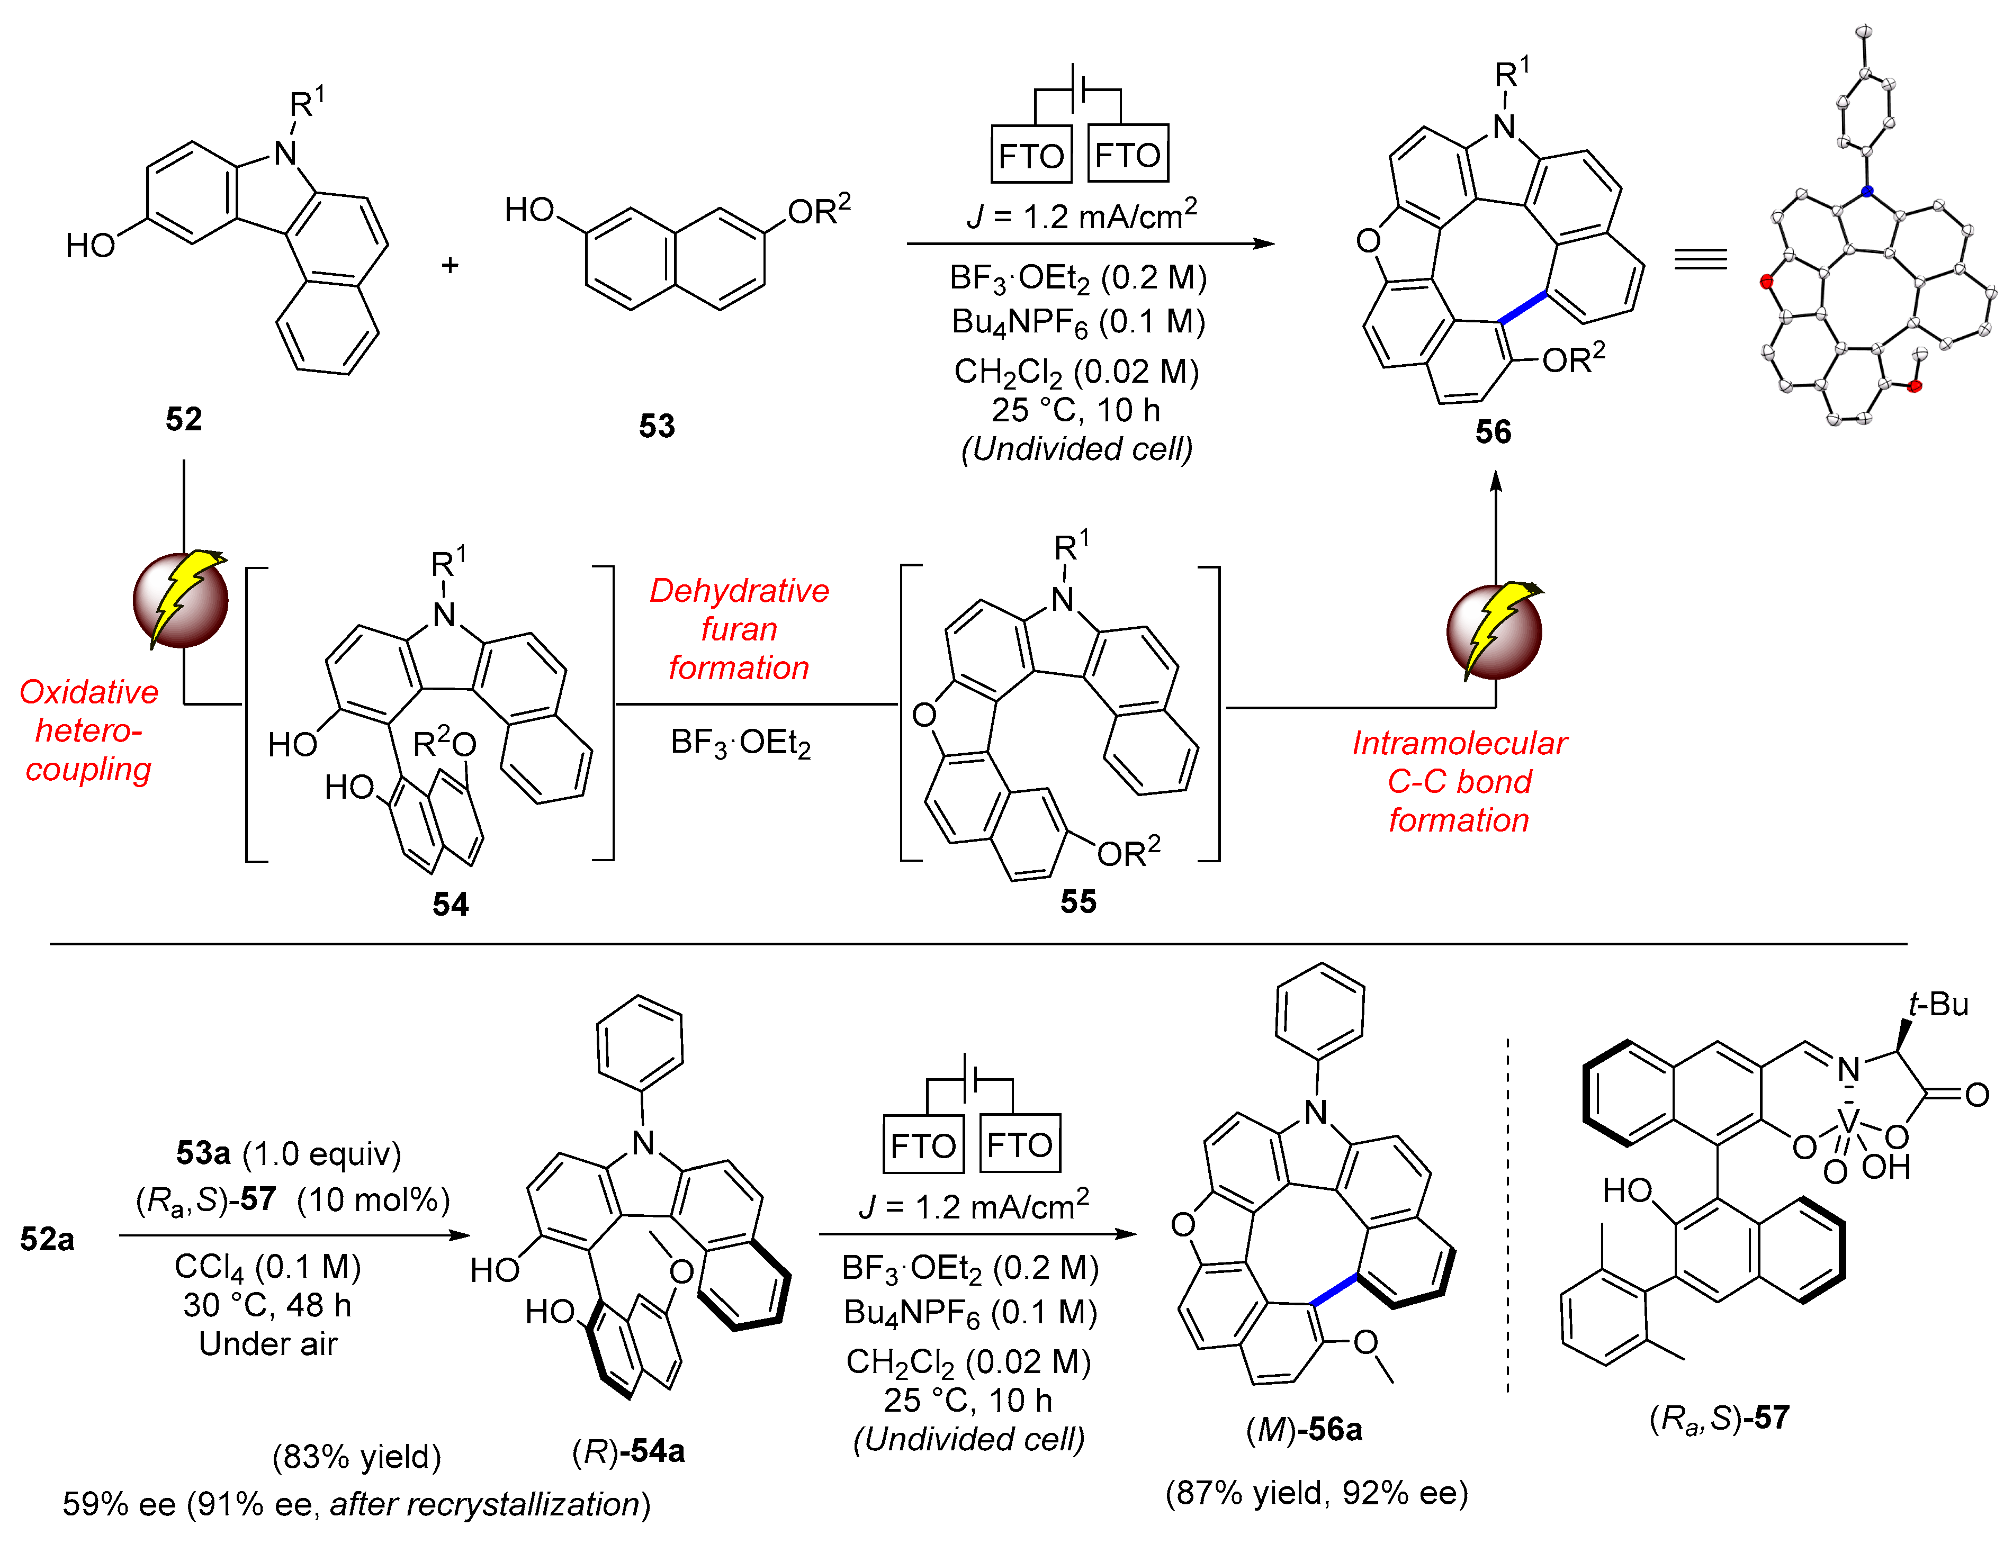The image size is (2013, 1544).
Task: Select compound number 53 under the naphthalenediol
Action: [x=657, y=426]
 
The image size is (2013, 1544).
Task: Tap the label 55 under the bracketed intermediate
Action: [x=1077, y=901]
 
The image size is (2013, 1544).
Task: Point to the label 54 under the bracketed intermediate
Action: [x=451, y=905]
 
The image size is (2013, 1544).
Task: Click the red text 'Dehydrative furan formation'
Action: [x=739, y=629]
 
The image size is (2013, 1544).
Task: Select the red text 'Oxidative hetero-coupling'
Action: [x=88, y=730]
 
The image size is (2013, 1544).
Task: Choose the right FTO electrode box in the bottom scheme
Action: [x=1019, y=1145]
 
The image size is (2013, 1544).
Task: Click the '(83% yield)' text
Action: [x=357, y=1457]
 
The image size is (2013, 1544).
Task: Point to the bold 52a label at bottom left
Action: [x=48, y=1240]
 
